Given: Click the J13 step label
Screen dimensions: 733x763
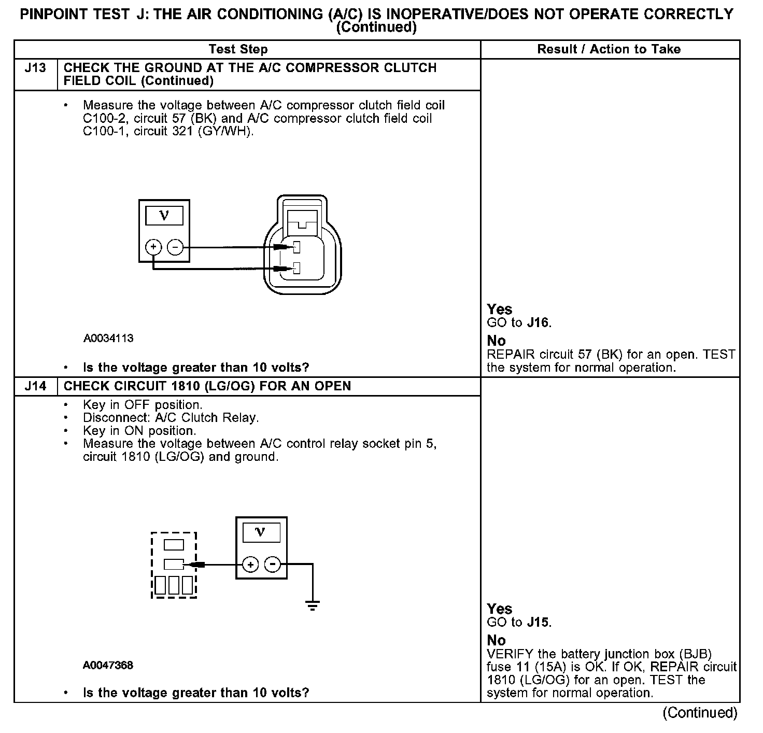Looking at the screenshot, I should [35, 68].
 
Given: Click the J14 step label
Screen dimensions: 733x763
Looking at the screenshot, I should [35, 386].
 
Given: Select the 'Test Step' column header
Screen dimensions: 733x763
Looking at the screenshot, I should [238, 49].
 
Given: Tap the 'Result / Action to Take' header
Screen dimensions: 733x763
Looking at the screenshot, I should [609, 49].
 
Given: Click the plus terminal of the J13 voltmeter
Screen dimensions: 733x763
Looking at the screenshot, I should [153, 247].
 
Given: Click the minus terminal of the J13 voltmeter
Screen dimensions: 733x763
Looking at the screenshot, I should [175, 247].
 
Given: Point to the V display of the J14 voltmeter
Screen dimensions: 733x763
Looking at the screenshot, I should [261, 532].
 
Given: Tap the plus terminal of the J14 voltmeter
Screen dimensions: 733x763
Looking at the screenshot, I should [250, 564].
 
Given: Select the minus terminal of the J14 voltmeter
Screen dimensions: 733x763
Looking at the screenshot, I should [273, 564].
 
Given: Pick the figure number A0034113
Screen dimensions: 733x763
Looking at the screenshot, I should [108, 339].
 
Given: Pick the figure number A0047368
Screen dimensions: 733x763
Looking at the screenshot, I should [108, 665].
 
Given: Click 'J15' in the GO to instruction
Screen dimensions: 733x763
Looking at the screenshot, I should [538, 622].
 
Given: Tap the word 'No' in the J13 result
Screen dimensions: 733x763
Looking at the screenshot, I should [496, 341].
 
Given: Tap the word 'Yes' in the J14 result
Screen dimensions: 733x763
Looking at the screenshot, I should [500, 609].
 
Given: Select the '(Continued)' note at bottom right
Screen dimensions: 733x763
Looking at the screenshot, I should [700, 713].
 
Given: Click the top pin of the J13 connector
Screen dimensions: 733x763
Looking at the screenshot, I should [297, 247].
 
